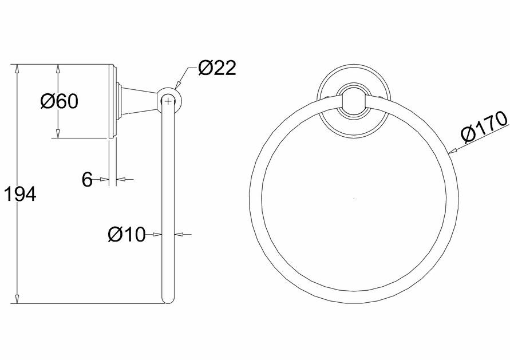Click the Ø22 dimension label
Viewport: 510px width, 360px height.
click(217, 69)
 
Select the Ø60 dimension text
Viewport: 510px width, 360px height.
click(59, 101)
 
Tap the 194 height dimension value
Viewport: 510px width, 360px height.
click(20, 195)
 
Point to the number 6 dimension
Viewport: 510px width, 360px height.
click(87, 179)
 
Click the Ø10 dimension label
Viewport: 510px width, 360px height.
click(126, 234)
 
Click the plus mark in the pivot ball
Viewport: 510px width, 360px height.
click(168, 101)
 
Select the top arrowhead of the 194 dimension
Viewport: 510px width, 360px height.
click(17, 69)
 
